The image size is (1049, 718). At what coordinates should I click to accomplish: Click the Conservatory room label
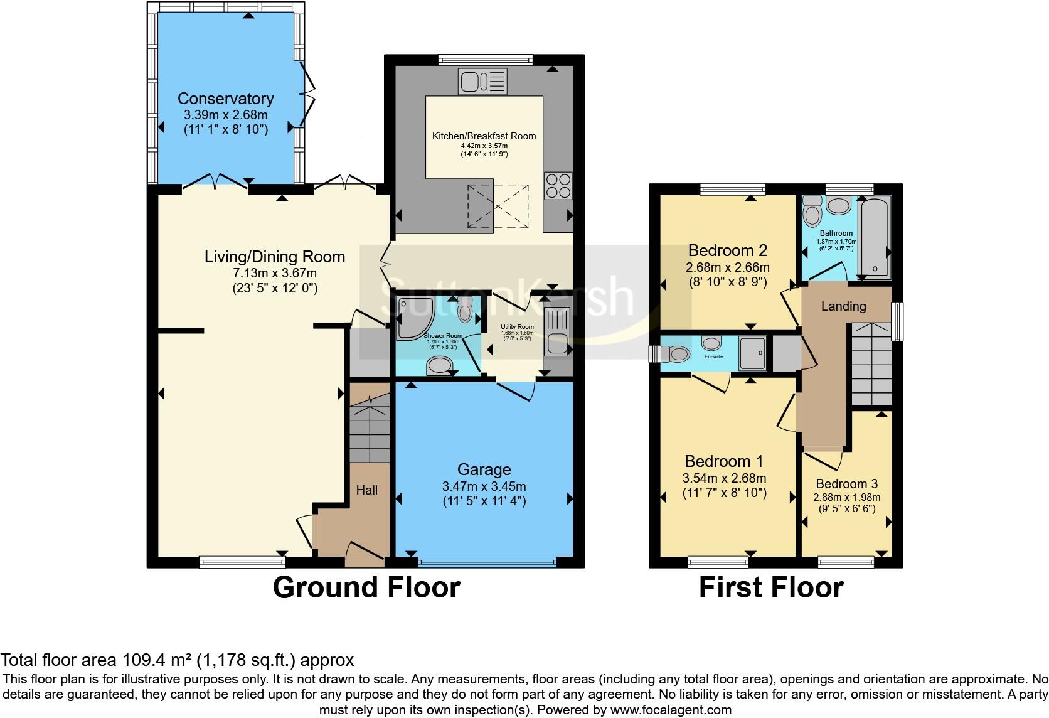point(225,99)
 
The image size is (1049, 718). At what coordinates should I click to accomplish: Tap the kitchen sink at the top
point(482,81)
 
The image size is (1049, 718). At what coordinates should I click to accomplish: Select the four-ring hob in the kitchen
point(558,186)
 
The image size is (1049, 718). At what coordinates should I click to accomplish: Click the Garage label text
point(484,469)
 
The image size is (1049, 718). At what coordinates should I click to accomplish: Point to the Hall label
point(367,490)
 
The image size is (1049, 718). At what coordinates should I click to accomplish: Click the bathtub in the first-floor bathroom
point(874,238)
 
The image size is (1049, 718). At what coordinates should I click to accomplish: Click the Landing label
point(843,306)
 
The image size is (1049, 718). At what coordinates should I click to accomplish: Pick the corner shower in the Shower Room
point(415,314)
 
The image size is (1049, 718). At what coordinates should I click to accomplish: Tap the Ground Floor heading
point(366,587)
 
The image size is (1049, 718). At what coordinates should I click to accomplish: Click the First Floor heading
point(771,587)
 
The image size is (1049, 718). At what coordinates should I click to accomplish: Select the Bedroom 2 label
point(727,250)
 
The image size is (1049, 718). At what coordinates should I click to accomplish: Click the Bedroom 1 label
point(724,462)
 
